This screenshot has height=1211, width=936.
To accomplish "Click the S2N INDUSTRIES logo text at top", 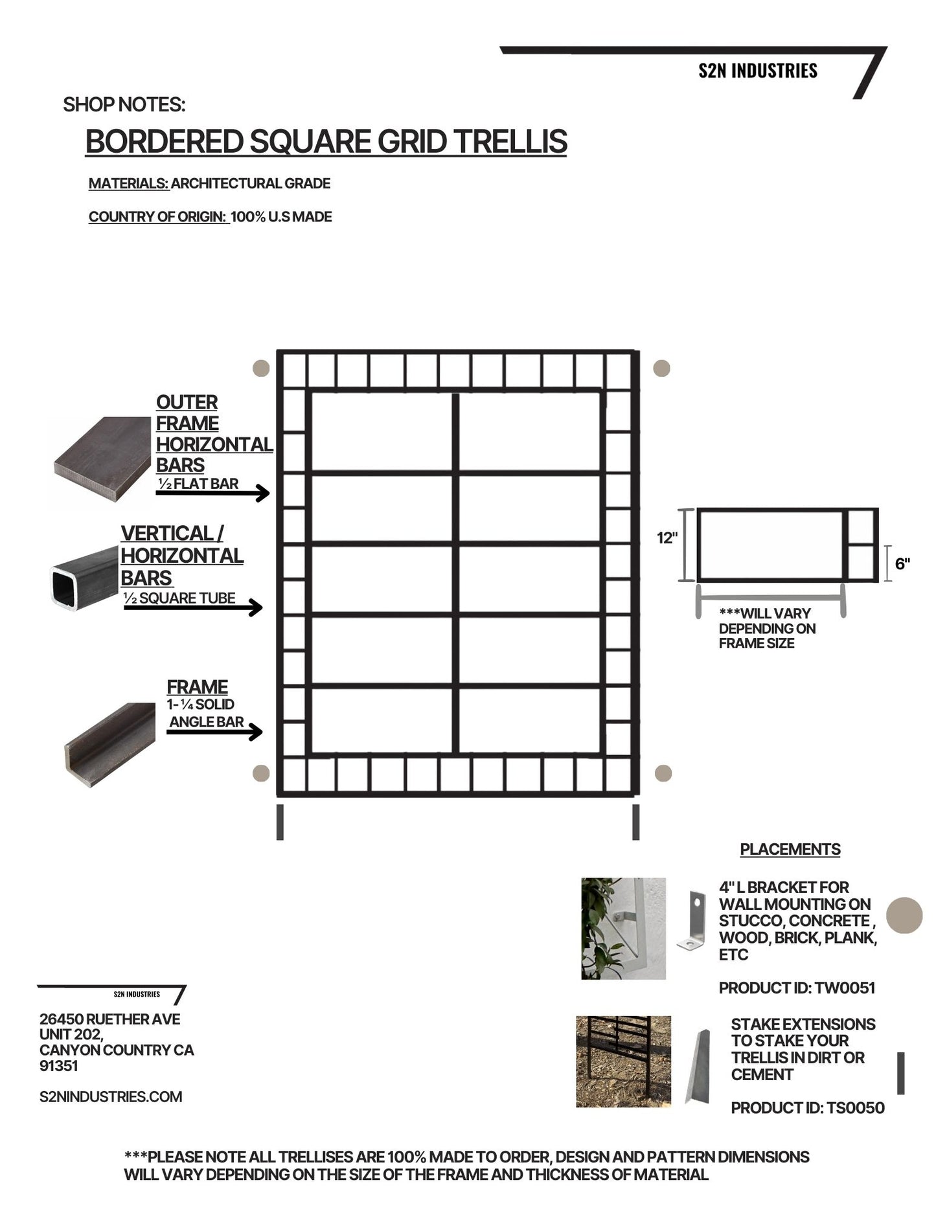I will tap(757, 71).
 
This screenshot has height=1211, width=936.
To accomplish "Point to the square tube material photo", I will tap(84, 578).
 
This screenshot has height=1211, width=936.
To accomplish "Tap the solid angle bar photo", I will tap(110, 745).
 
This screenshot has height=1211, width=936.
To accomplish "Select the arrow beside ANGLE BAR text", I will tap(214, 732).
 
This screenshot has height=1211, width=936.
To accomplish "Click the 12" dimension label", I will tap(667, 538).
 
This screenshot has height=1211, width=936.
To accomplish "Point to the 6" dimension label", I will tap(902, 564).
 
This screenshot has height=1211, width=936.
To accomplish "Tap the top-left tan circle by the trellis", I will tap(260, 368).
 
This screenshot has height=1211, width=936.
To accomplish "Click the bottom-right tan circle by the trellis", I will tap(663, 773).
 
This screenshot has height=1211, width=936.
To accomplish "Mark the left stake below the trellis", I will tap(280, 822).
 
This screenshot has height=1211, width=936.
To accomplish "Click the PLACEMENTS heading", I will tap(790, 850).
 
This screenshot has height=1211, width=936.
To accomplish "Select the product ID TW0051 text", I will tap(797, 988).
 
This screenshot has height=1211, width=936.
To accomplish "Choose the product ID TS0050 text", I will tap(807, 1108).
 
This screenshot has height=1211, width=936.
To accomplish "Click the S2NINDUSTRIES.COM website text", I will tap(111, 1097).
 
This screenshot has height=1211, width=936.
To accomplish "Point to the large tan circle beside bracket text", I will tap(904, 915).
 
